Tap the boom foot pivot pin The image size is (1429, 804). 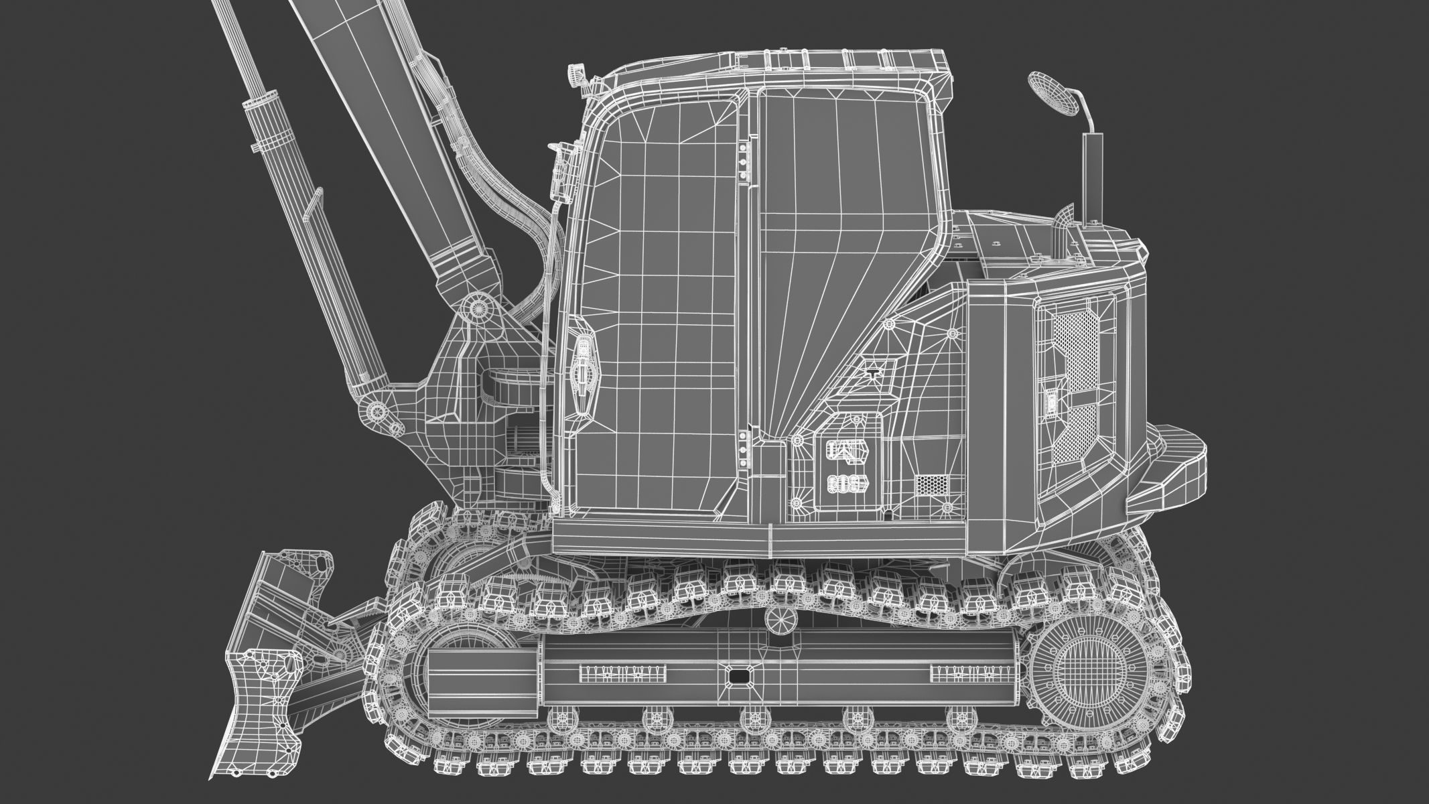pos(478,307)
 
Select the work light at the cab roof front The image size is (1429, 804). pos(576,74)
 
